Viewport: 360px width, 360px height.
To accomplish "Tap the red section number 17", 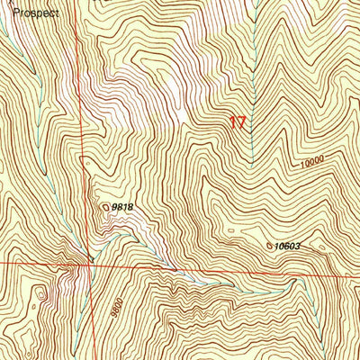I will click(x=238, y=122).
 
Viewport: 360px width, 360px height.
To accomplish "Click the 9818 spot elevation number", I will click(x=123, y=207).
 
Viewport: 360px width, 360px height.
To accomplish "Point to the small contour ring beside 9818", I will click(x=106, y=206).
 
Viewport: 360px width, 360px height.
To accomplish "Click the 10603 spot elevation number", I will click(x=287, y=245).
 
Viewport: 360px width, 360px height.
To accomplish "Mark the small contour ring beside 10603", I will click(x=269, y=245).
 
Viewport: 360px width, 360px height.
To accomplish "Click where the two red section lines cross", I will click(x=87, y=264).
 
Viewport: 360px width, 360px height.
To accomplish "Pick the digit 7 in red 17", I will click(x=242, y=122).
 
